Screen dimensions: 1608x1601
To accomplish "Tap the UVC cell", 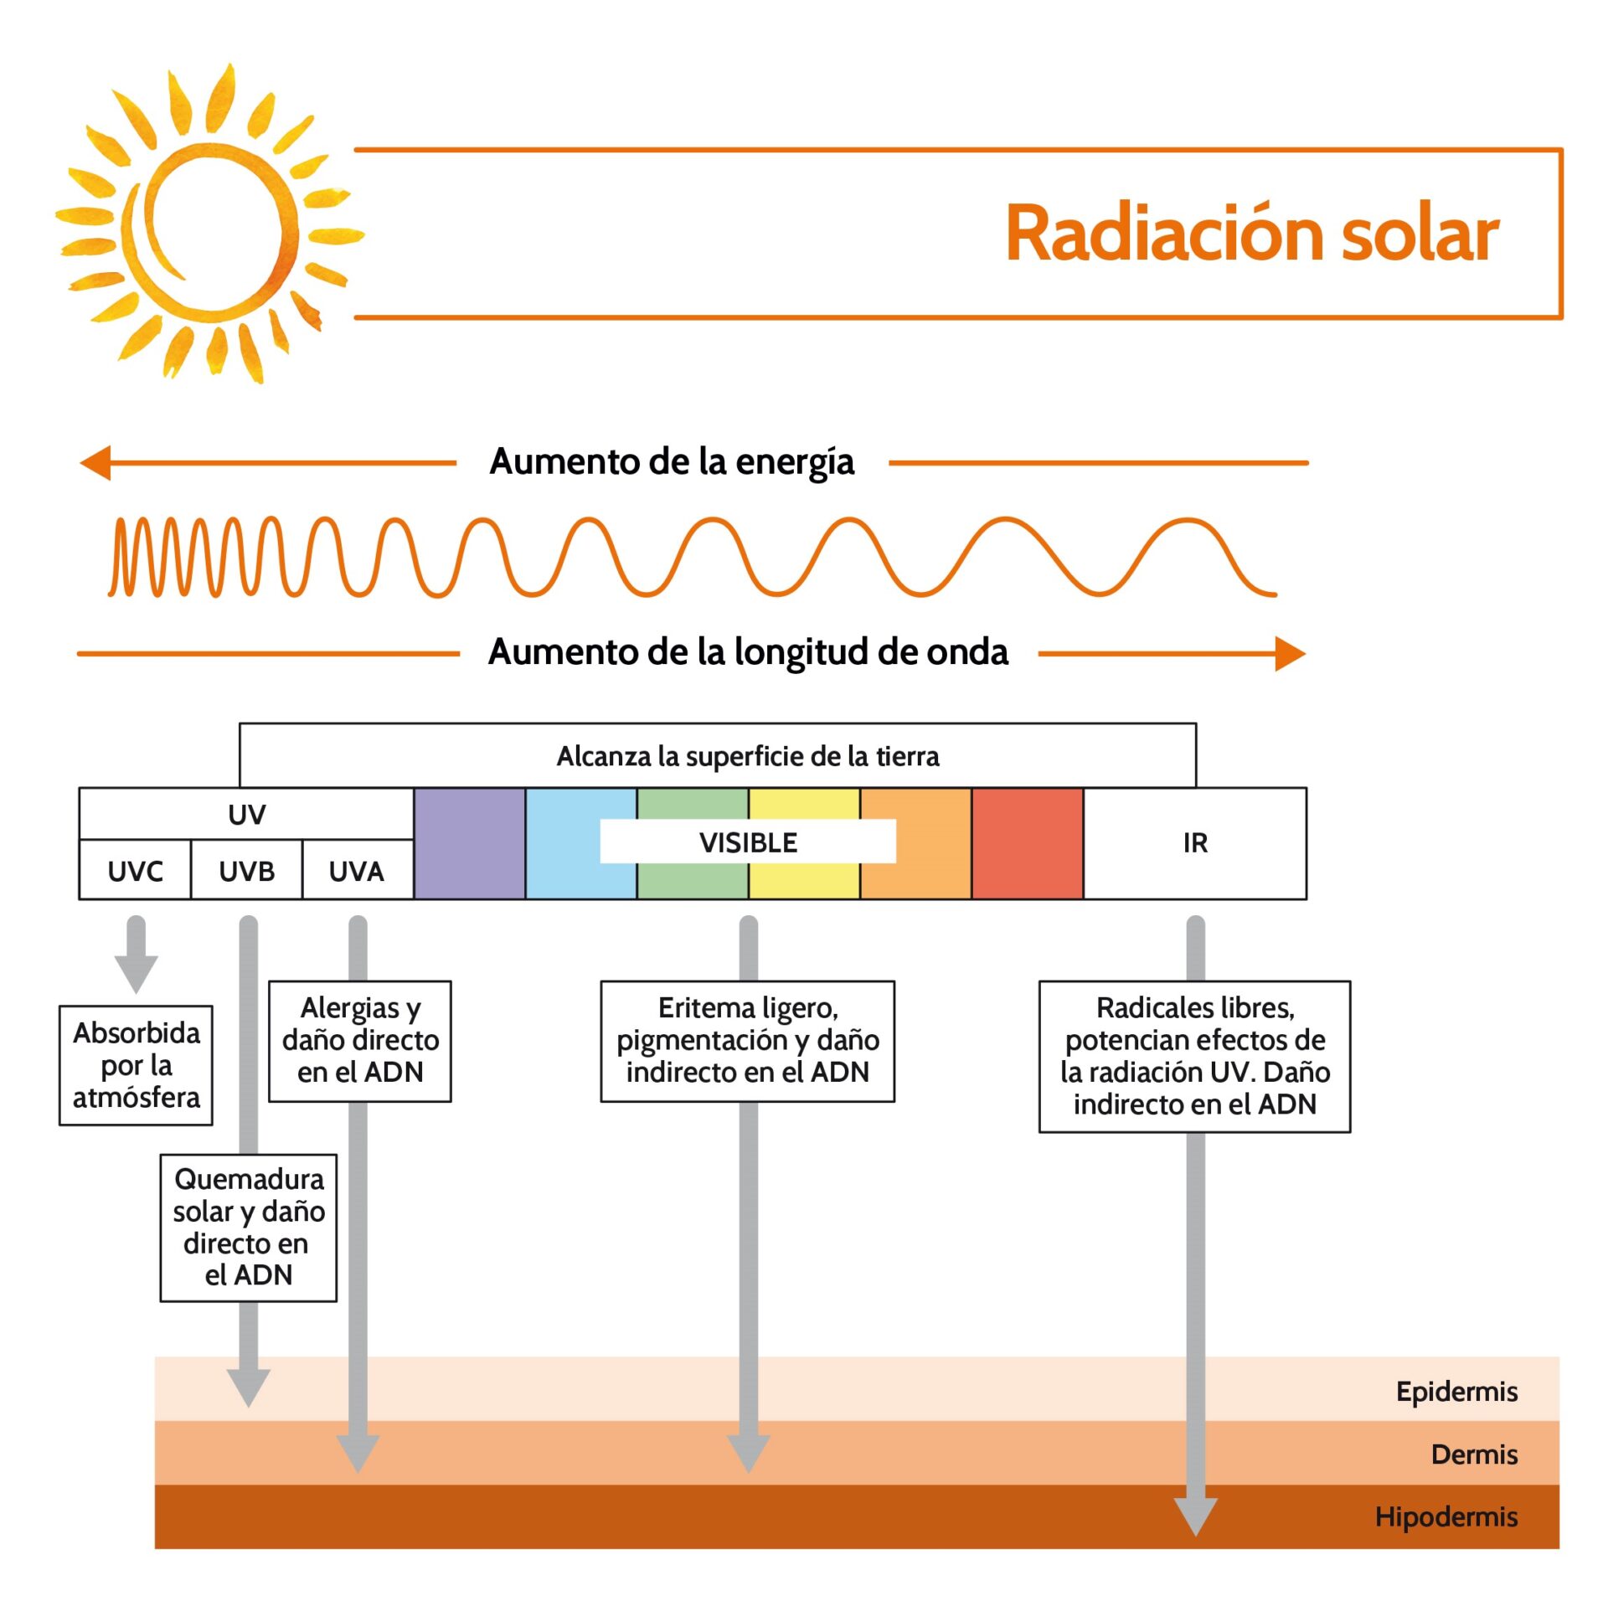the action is (x=135, y=870).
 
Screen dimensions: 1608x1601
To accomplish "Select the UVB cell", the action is (x=246, y=870).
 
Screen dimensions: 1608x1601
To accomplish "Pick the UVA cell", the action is (x=358, y=870).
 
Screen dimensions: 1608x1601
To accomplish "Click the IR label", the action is (x=1195, y=842).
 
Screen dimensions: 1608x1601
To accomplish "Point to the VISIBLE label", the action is (x=748, y=842).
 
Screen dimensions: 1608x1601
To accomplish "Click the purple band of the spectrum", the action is (x=470, y=843).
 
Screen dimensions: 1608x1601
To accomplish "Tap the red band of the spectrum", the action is (x=1028, y=843).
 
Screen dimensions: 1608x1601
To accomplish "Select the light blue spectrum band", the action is (x=581, y=843).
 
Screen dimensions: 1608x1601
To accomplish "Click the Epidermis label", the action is (x=1456, y=1392).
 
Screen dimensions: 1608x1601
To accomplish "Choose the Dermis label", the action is (x=1474, y=1454).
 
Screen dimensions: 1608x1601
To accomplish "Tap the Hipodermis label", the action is (x=1446, y=1516).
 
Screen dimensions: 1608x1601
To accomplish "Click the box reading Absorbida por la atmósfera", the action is (x=136, y=1065).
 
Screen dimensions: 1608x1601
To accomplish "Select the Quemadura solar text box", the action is (x=249, y=1228).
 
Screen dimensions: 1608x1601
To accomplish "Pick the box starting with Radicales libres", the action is (x=1195, y=1057).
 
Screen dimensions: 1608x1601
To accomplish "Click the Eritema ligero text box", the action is (x=748, y=1041).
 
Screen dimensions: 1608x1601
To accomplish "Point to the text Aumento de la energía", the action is (x=672, y=461).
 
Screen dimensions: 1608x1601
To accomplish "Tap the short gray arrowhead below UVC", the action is (x=136, y=975).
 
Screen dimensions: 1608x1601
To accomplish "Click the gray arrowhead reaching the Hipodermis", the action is (x=1195, y=1516).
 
